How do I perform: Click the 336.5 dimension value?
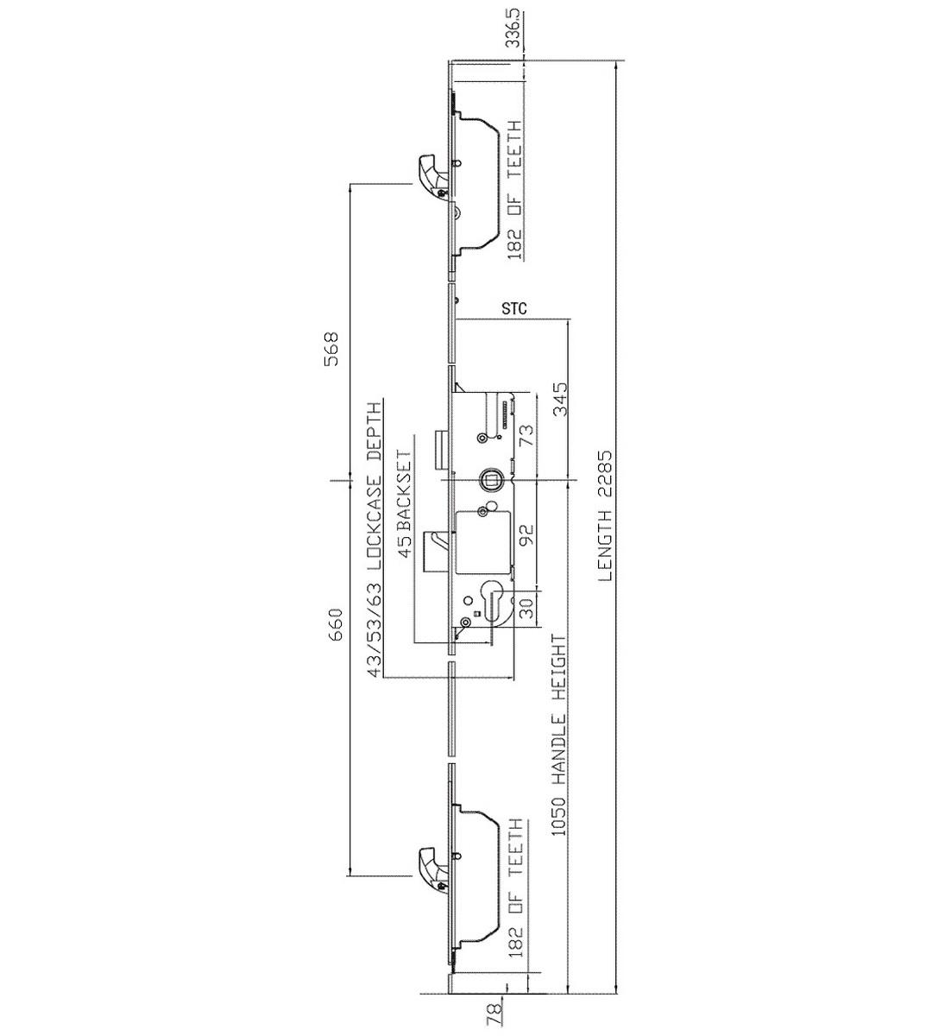pos(514,28)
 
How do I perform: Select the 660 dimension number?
pos(335,625)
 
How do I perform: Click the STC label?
pos(514,309)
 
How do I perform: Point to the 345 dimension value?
pos(560,399)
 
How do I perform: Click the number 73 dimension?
pos(526,436)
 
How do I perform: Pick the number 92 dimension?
pos(526,535)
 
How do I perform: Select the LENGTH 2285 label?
pos(605,517)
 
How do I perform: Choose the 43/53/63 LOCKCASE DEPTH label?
pos(375,539)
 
